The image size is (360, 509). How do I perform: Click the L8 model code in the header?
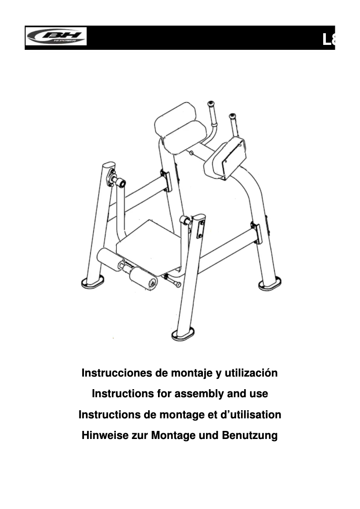[329, 40]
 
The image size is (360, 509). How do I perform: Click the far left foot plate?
[92, 281]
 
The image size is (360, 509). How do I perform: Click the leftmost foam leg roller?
[107, 258]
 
